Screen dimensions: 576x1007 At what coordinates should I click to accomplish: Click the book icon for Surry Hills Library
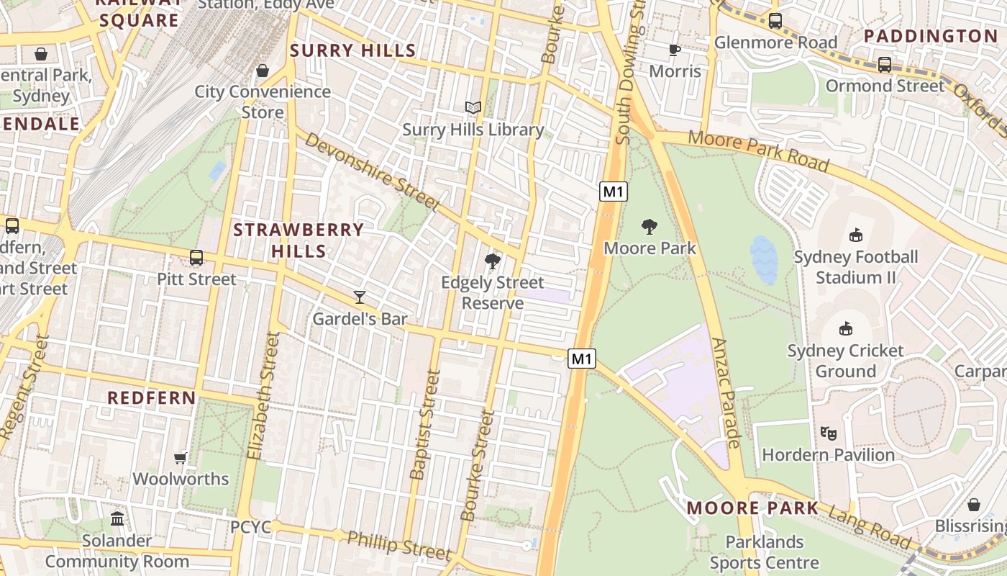coord(473,108)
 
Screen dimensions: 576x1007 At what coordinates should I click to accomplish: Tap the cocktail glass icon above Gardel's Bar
coord(360,297)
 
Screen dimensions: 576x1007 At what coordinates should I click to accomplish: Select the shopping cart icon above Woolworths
coord(181,458)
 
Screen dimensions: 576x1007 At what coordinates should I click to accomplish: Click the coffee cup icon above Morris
coord(674,50)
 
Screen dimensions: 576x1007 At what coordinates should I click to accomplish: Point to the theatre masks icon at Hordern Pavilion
coord(829,433)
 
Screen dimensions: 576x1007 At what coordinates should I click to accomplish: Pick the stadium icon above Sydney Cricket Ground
coord(846,329)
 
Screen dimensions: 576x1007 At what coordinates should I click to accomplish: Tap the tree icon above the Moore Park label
coord(650,227)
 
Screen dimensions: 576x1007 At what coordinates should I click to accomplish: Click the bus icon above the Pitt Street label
coord(196,257)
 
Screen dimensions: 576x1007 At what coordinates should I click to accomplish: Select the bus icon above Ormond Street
coord(885,64)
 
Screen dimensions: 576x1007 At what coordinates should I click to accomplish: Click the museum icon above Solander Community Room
coord(117,518)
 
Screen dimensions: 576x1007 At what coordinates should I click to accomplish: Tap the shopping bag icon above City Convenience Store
coord(263,71)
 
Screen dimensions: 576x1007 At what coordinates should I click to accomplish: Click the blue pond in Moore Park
coord(764,259)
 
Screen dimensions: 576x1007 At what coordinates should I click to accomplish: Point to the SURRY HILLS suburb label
coord(352,50)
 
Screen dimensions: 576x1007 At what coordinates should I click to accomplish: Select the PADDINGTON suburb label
coord(931,36)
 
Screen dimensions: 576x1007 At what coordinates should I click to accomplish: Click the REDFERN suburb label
coord(151,397)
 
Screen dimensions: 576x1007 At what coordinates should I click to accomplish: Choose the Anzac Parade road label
coord(728,392)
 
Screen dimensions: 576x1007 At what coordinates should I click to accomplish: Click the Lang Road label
coord(869,527)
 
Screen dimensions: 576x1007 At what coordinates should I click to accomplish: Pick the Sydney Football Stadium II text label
coord(855,267)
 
